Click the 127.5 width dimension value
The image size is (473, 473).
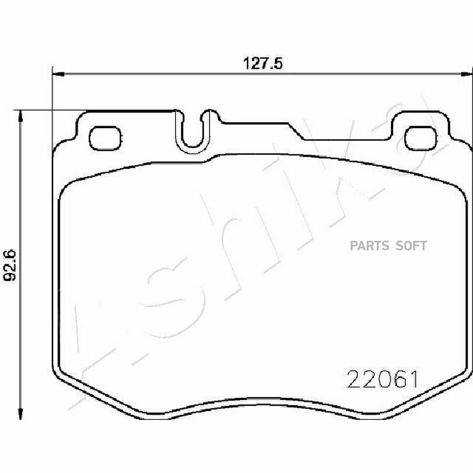click(263, 64)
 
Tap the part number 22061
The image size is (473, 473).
click(383, 379)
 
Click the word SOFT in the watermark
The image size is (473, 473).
click(411, 245)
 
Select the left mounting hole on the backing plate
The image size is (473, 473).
click(106, 138)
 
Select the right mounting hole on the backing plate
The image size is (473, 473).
click(420, 138)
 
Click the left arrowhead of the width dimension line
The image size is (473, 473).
click(58, 74)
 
